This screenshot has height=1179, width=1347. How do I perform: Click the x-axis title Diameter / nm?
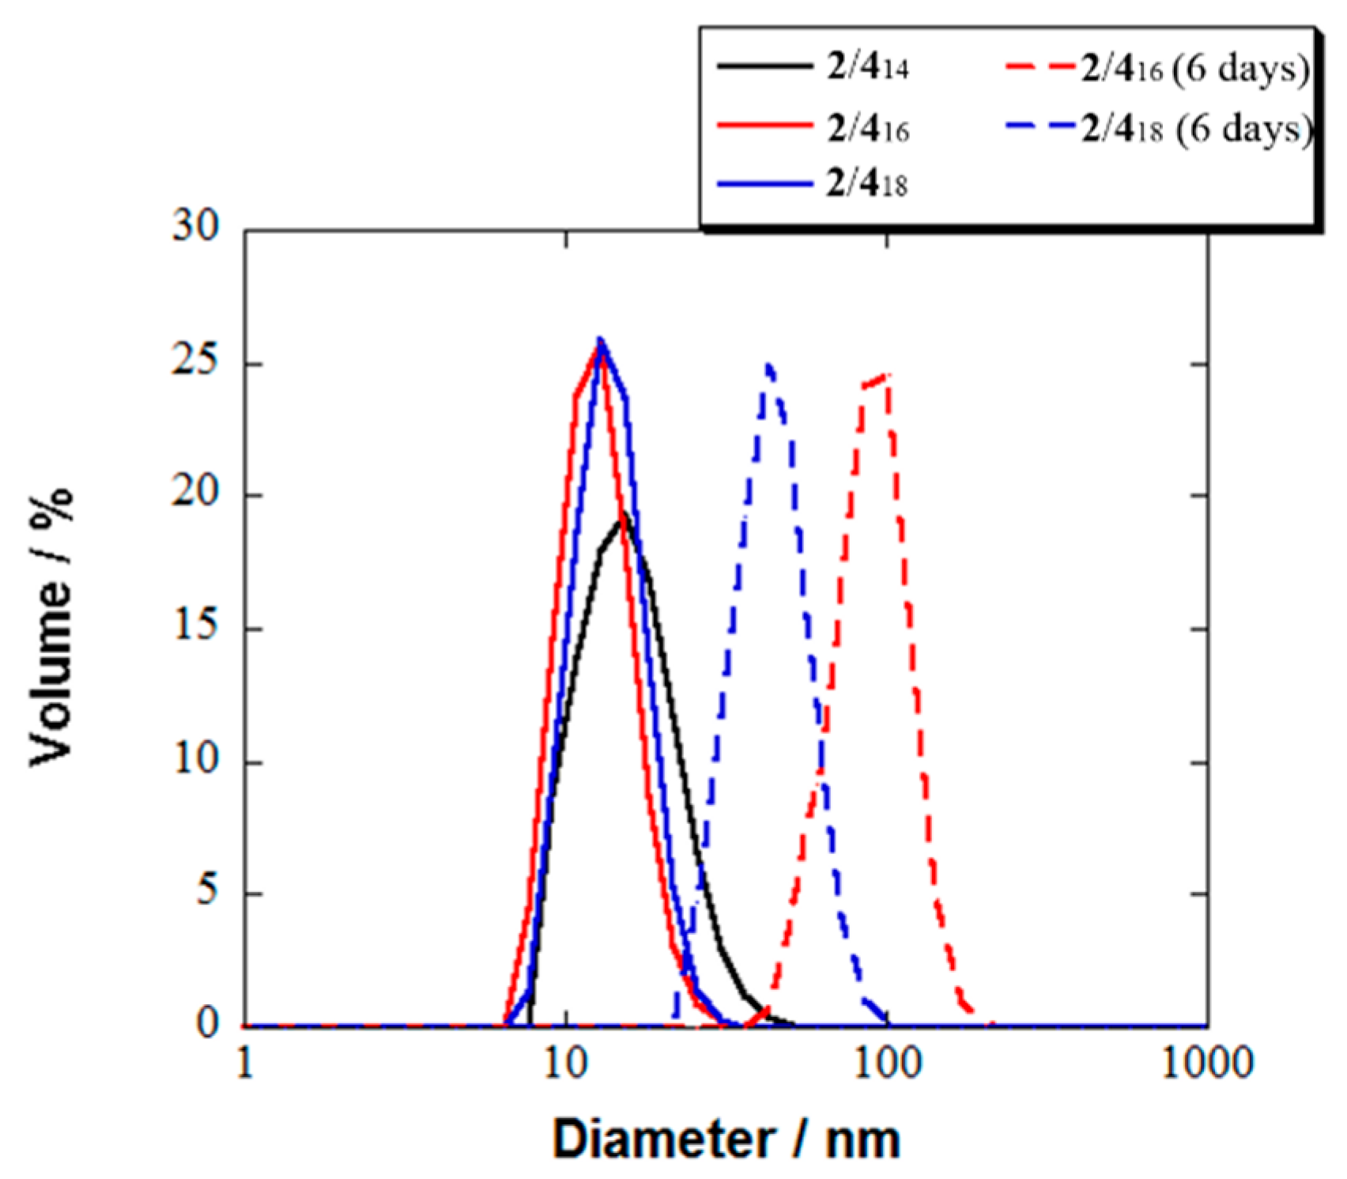pos(726,1139)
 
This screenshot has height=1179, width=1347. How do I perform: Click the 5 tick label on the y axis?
pos(207,892)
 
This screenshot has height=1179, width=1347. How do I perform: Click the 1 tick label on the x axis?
pos(246,1064)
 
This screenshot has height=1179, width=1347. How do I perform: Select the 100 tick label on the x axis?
pos(887,1064)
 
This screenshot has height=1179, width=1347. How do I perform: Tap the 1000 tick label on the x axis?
pos(1207,1064)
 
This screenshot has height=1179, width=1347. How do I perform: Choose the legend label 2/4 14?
pos(868,68)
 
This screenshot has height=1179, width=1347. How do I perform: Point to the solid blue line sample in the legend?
pos(764,184)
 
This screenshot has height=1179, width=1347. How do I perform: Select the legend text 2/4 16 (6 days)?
pos(1195,70)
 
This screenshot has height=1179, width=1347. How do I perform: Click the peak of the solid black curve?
pos(623,514)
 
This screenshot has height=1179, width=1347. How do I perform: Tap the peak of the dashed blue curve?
pos(768,365)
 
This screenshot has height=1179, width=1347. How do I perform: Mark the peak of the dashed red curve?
pos(887,375)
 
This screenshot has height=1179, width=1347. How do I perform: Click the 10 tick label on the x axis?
pos(566,1064)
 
